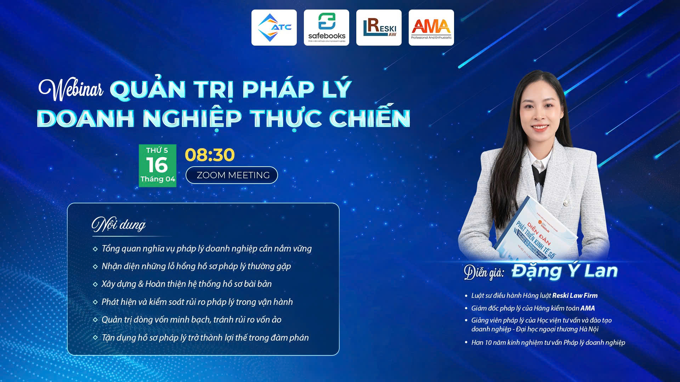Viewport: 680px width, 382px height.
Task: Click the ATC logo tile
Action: tap(274, 28)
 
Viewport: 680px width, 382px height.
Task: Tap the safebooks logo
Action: tap(326, 28)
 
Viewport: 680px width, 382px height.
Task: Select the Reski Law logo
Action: tap(379, 28)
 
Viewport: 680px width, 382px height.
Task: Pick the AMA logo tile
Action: tap(431, 28)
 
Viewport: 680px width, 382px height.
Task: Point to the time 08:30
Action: tap(210, 155)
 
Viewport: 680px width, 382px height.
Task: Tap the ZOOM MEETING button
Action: tap(232, 175)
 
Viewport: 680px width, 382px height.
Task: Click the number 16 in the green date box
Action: tap(157, 165)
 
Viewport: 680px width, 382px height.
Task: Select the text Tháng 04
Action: tap(158, 179)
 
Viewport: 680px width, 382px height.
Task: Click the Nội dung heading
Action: tap(119, 224)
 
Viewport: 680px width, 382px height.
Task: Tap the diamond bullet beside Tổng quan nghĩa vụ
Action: tap(95, 249)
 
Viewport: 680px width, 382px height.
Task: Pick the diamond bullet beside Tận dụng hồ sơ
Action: tap(95, 338)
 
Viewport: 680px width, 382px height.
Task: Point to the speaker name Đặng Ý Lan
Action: tap(565, 271)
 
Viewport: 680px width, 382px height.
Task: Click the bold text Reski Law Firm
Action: tap(574, 296)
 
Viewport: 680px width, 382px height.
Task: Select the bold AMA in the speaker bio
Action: tap(588, 308)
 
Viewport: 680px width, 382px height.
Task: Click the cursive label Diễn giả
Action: tap(484, 272)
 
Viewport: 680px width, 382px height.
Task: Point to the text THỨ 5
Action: tap(157, 150)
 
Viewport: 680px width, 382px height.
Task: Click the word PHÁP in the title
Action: tap(278, 89)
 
